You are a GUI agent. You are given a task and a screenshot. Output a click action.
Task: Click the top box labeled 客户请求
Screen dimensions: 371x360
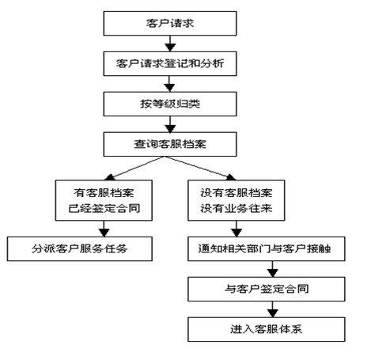click(170, 23)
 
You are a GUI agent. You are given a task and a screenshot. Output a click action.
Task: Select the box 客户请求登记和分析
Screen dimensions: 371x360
click(170, 63)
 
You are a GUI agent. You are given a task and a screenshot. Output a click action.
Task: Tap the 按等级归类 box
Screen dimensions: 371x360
click(170, 104)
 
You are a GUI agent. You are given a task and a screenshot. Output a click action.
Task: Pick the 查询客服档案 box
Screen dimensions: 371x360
click(170, 144)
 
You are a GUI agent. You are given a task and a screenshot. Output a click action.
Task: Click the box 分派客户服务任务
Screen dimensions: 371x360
click(80, 248)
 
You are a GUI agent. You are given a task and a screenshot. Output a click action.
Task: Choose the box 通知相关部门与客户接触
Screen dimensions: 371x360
click(267, 248)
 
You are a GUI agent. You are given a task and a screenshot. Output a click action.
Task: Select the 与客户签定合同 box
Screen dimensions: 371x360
click(267, 289)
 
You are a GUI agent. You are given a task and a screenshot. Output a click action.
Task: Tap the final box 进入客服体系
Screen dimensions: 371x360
click(267, 329)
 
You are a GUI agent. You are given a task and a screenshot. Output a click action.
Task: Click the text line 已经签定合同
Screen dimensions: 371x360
click(104, 208)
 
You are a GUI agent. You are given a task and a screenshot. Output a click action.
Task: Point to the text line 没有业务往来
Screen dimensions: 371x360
click(237, 208)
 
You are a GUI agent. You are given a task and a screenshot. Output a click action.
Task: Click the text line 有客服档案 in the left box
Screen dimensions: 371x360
click(104, 193)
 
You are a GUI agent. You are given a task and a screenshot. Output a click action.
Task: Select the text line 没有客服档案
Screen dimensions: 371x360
click(237, 193)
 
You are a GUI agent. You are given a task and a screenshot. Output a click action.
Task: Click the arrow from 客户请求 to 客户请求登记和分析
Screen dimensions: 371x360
click(170, 44)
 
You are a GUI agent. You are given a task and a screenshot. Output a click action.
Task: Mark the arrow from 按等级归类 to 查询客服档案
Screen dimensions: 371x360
click(170, 124)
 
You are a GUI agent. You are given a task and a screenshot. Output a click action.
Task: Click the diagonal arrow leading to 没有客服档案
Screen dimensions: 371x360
click(200, 169)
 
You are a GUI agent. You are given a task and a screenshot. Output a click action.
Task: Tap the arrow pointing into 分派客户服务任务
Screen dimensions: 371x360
click(104, 229)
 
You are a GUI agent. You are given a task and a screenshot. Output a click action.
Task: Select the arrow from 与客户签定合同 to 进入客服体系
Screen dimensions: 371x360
click(273, 309)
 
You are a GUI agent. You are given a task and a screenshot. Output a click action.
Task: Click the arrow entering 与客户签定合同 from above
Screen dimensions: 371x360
click(273, 269)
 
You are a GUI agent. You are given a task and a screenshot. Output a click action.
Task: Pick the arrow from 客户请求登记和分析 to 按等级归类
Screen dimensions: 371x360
click(169, 84)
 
